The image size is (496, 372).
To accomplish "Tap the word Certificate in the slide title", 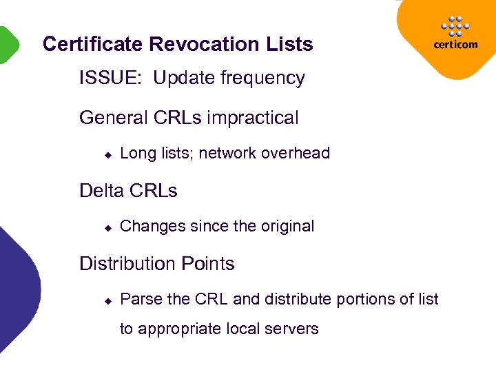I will tap(93, 45).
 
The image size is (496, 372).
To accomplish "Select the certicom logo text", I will tap(455, 45).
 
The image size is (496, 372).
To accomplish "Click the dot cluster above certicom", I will tap(455, 26).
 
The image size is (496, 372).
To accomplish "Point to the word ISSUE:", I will tap(111, 79).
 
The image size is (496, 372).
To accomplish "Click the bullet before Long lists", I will tap(107, 155).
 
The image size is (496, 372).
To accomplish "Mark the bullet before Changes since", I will tap(107, 228).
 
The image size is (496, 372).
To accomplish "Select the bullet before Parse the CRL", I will tap(107, 301).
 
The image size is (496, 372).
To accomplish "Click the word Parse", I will tap(141, 300).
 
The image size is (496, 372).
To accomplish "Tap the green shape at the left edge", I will tap(7, 45).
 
